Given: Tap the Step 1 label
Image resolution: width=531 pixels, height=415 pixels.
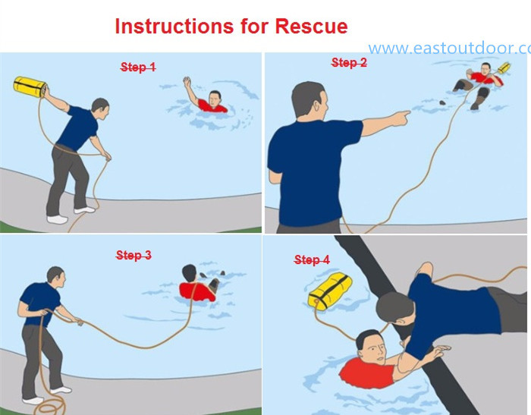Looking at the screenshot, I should click(138, 68).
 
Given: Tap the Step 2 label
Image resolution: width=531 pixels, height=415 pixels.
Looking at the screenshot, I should click(349, 63).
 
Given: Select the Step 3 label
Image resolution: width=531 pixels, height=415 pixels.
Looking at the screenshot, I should click(134, 256).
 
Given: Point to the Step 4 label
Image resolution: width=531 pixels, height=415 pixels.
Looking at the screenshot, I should click(312, 260).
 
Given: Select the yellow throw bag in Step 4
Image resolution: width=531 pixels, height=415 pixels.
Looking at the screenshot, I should click(330, 293).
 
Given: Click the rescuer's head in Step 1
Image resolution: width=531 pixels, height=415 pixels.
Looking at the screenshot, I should click(99, 108).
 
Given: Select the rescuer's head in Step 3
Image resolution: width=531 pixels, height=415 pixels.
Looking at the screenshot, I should click(55, 275).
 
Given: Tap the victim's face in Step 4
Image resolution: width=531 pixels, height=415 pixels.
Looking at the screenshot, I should click(372, 347).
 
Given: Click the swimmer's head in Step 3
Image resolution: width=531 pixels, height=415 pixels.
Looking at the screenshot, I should click(189, 275).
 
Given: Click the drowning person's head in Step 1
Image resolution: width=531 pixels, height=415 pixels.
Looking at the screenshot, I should click(215, 99).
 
